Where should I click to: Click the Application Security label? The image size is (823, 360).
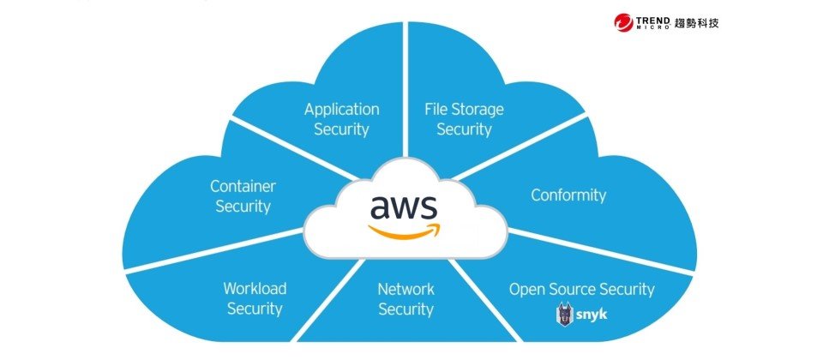tap(341, 119)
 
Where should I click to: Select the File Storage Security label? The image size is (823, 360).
tap(464, 119)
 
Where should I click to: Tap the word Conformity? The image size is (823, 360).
tap(568, 195)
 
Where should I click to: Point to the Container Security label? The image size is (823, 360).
tap(243, 195)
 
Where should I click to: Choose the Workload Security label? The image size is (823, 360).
tap(255, 298)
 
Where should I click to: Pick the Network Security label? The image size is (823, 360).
tap(405, 298)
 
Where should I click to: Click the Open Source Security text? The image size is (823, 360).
tap(581, 289)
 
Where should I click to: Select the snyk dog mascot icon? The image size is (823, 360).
tap(565, 315)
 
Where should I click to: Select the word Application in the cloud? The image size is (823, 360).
tap(341, 109)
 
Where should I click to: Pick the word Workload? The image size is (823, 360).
tap(255, 288)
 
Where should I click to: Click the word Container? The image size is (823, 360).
tap(243, 185)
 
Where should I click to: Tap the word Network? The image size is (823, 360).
tap(405, 288)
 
